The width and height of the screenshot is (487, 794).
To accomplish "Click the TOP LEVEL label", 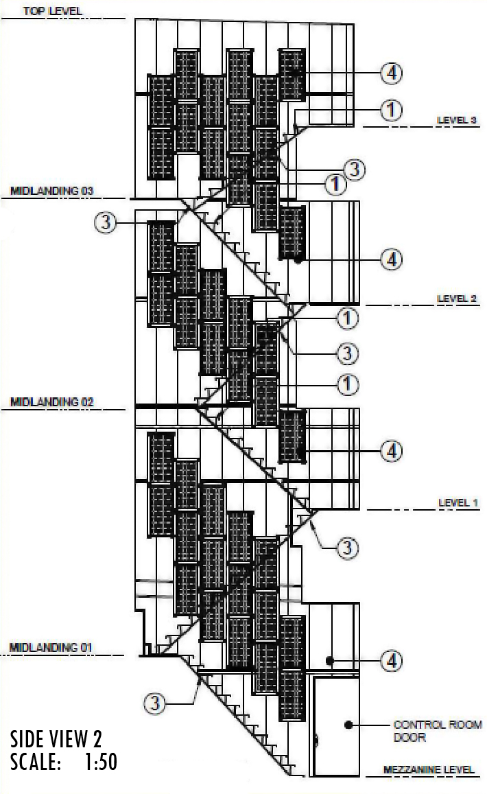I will [x=52, y=11].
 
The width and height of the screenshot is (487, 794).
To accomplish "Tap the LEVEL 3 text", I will [x=457, y=120].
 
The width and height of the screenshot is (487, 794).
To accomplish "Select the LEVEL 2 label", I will [x=457, y=299].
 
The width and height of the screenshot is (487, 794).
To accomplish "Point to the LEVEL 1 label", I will [x=458, y=503].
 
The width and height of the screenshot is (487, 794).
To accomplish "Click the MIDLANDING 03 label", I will [x=51, y=191].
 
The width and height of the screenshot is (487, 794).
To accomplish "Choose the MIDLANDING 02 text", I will [x=51, y=401].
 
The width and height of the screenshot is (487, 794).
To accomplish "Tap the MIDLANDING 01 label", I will [x=51, y=647].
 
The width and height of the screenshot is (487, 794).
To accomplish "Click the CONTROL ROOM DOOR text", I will [x=437, y=731].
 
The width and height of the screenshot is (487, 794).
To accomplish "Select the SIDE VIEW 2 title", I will [x=56, y=739].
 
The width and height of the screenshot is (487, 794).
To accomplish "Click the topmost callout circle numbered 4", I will [x=392, y=73].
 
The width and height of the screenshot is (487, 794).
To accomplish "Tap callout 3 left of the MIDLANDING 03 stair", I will [x=106, y=222].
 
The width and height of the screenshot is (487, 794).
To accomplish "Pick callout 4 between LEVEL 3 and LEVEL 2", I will [x=392, y=259].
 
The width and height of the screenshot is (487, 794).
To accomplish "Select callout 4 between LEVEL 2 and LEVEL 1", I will [x=392, y=451].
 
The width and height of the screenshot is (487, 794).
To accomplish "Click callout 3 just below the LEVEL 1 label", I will [x=348, y=548].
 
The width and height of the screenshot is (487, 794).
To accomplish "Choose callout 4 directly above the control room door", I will [x=392, y=661].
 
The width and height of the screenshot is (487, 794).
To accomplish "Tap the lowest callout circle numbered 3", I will [x=155, y=703].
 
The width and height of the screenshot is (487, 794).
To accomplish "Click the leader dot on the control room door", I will [x=349, y=724].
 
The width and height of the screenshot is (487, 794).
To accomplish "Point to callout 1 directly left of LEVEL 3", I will [x=392, y=109].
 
